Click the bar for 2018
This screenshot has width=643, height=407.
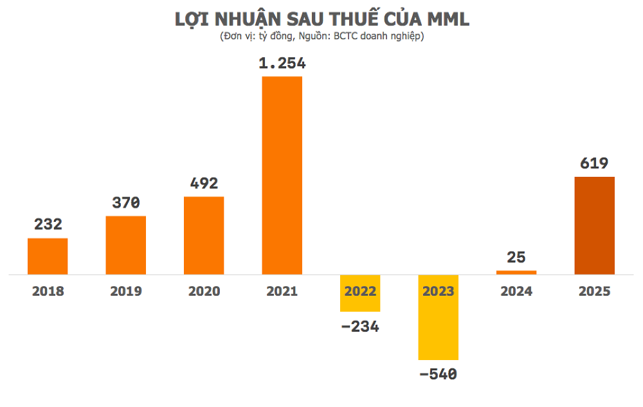click(x=48, y=256)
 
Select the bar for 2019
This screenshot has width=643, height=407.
click(x=125, y=245)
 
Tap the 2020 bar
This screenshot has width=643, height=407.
click(x=204, y=235)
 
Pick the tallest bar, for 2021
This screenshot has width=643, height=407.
click(x=282, y=175)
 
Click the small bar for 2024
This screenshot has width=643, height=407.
click(x=516, y=272)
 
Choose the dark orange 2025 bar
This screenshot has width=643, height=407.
click(x=594, y=225)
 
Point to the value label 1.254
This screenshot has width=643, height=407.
click(x=282, y=64)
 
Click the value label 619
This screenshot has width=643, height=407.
click(x=594, y=163)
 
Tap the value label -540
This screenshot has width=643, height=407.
click(x=439, y=374)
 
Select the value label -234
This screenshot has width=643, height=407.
click(x=360, y=326)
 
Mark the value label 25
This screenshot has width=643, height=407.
click(x=516, y=258)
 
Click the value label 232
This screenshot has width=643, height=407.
click(x=48, y=224)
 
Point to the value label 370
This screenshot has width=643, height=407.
click(x=125, y=203)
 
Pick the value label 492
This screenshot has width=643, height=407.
click(x=204, y=183)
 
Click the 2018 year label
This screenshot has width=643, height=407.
click(x=48, y=291)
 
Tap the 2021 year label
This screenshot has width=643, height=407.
click(x=282, y=291)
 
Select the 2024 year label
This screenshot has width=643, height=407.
click(x=516, y=291)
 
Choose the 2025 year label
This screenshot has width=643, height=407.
click(x=594, y=291)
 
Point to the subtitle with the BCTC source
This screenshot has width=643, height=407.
click(x=321, y=36)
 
